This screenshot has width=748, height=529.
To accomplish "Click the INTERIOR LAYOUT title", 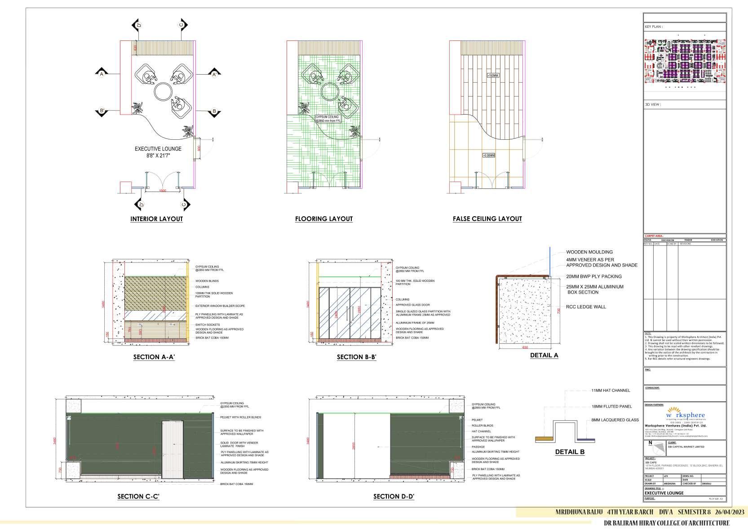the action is tap(156, 219).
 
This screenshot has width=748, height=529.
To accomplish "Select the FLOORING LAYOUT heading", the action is tap(323, 219).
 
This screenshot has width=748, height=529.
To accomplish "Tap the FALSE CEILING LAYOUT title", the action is tap(487, 219).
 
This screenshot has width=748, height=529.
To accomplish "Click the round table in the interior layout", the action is tap(163, 92).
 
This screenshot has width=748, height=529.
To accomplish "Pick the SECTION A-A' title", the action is tap(154, 357).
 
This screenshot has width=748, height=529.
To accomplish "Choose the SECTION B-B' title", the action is tap(356, 357).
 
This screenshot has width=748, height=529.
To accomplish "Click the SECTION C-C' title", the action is tap(138, 497).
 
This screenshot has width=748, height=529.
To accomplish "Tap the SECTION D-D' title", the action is tap(394, 497).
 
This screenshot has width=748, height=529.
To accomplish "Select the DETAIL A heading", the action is tap(544, 355).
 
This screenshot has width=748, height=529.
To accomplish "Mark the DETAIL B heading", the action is tap(570, 452).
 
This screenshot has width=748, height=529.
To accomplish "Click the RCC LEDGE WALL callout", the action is tap(586, 307).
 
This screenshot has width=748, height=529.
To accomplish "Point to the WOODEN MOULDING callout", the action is tap(589, 252).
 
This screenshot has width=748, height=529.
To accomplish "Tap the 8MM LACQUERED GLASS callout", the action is tap(615, 420).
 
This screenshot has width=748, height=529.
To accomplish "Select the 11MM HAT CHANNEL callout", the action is tap(610, 391).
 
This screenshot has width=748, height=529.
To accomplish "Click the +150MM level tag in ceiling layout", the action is tap(492, 76).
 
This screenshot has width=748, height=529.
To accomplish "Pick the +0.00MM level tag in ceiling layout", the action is tap(488, 156).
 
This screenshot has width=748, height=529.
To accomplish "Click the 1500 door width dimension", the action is tap(162, 191).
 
